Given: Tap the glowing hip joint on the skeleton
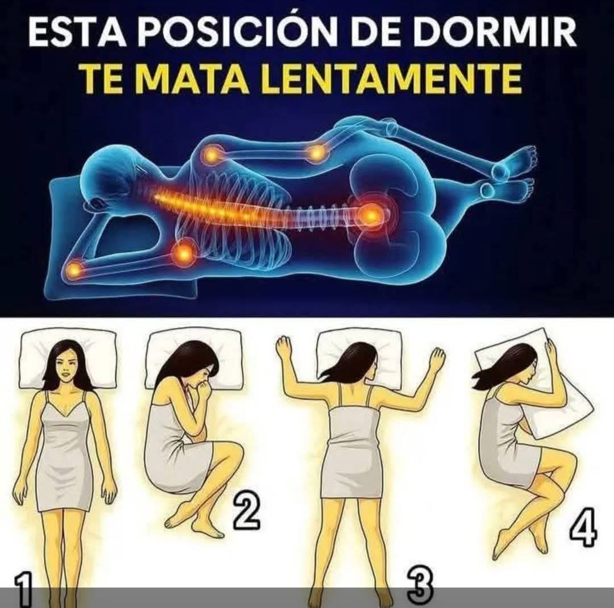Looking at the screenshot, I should (371, 215).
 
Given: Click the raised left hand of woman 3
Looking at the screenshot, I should (284, 348).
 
